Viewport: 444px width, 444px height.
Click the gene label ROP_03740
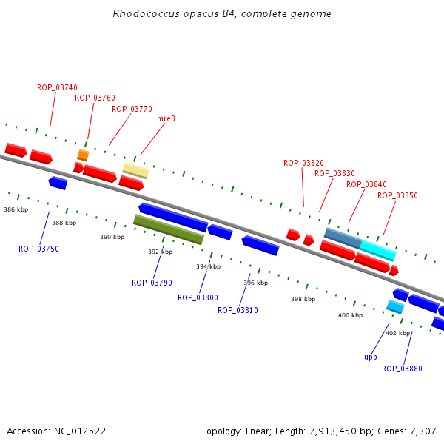point(57,87)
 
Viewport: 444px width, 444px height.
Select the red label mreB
point(166,118)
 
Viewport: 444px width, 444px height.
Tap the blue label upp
point(371,357)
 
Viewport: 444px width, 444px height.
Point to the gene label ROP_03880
point(402,369)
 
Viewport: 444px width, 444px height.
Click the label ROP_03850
point(397,195)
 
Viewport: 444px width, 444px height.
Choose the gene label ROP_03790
point(152,283)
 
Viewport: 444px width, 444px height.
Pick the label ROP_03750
point(38,249)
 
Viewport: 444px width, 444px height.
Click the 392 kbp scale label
point(160,252)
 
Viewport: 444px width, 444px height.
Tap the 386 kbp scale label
point(16,209)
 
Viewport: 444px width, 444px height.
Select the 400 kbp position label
point(350,315)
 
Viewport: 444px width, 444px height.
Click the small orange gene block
point(83,155)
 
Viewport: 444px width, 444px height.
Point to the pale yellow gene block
point(135,170)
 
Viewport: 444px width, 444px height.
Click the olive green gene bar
point(168,229)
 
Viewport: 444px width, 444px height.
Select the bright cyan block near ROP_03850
point(377,250)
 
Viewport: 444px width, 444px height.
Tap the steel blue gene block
point(343,238)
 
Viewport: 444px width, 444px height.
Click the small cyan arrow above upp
point(394,306)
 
